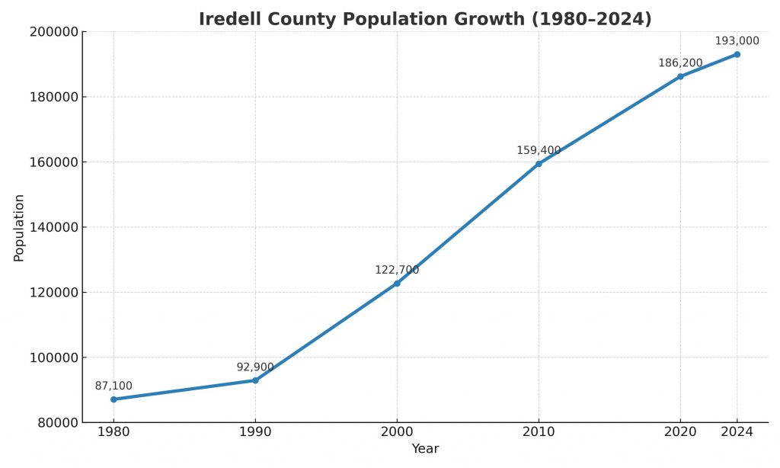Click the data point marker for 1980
(x=113, y=399)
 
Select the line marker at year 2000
(x=397, y=284)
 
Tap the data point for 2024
(x=737, y=54)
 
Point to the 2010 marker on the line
(x=539, y=164)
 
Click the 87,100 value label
(x=113, y=386)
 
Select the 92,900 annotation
(x=255, y=367)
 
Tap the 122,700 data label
(x=397, y=270)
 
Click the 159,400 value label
(x=539, y=151)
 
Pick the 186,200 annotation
(x=680, y=63)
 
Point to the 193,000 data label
(x=737, y=41)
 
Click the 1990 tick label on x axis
(x=255, y=432)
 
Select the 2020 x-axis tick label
(x=680, y=432)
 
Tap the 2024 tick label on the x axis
(x=737, y=432)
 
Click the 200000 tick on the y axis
(x=54, y=32)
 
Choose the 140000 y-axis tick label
(x=54, y=227)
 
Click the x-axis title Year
(x=425, y=450)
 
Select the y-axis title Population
(x=19, y=228)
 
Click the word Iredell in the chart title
(x=229, y=19)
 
